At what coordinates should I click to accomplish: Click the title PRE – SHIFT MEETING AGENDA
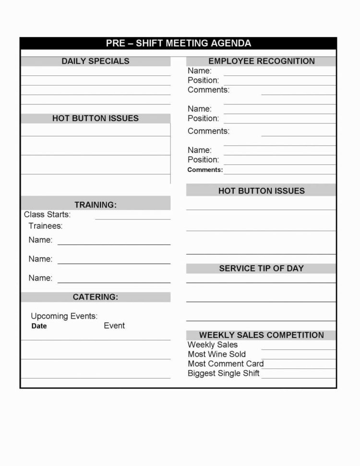[x=178, y=43]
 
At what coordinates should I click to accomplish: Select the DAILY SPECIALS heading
[x=95, y=61]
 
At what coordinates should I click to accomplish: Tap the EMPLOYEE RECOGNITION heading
[x=261, y=61]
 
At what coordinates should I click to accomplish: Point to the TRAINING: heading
[x=95, y=205]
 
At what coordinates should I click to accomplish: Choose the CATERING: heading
[x=95, y=297]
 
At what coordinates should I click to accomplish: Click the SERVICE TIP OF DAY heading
[x=261, y=269]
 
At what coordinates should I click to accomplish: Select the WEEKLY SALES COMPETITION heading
[x=261, y=335]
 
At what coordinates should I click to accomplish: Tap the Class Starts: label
[x=47, y=214]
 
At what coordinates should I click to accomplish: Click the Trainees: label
[x=45, y=226]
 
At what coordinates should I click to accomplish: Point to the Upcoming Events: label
[x=64, y=316]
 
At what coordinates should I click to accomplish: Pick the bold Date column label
[x=39, y=326]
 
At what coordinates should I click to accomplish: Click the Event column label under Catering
[x=114, y=326]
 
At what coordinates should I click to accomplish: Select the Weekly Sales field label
[x=212, y=344]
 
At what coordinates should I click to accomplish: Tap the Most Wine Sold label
[x=216, y=354]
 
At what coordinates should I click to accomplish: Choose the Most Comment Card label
[x=226, y=364]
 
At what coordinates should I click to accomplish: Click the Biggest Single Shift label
[x=223, y=373]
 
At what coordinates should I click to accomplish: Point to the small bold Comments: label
[x=205, y=170]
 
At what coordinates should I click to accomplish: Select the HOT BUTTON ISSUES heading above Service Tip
[x=261, y=191]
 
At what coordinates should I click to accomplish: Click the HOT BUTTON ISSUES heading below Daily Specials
[x=95, y=118]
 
